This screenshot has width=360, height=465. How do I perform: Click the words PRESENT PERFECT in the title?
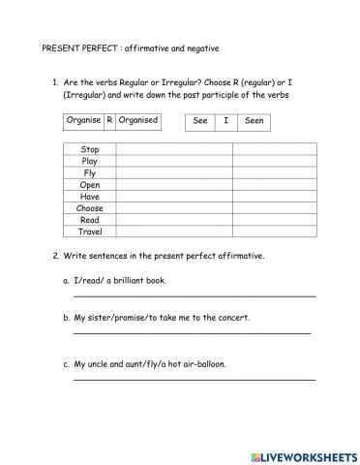(78, 48)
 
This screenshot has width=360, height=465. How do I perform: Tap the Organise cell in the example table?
(83, 121)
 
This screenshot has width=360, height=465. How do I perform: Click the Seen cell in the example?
(255, 121)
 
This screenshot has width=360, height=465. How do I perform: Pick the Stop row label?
(89, 150)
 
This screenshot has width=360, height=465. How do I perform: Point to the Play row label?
(89, 162)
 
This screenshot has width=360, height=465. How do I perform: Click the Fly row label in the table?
(89, 173)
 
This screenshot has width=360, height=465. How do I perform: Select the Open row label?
(89, 185)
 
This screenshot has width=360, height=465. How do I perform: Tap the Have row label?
(89, 197)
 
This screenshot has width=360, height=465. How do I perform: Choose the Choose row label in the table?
(89, 208)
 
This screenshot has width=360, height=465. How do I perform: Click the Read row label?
(89, 220)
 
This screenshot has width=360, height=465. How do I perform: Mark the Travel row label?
(89, 232)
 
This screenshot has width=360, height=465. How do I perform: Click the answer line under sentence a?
(194, 294)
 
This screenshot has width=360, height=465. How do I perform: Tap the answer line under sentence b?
(192, 332)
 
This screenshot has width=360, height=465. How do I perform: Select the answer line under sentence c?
(194, 379)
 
